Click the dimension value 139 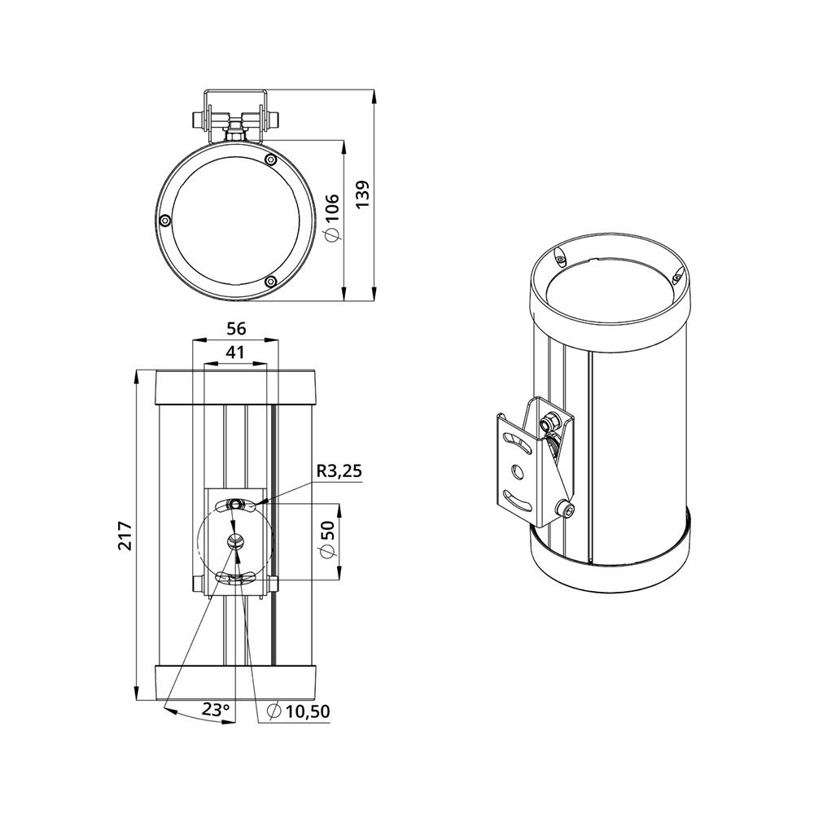click(x=362, y=195)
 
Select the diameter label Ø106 click(x=330, y=217)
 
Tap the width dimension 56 click(x=236, y=329)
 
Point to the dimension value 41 click(x=234, y=352)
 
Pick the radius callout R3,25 click(x=338, y=471)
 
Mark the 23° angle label click(x=216, y=709)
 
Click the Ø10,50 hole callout click(x=298, y=711)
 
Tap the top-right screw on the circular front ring click(x=269, y=159)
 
